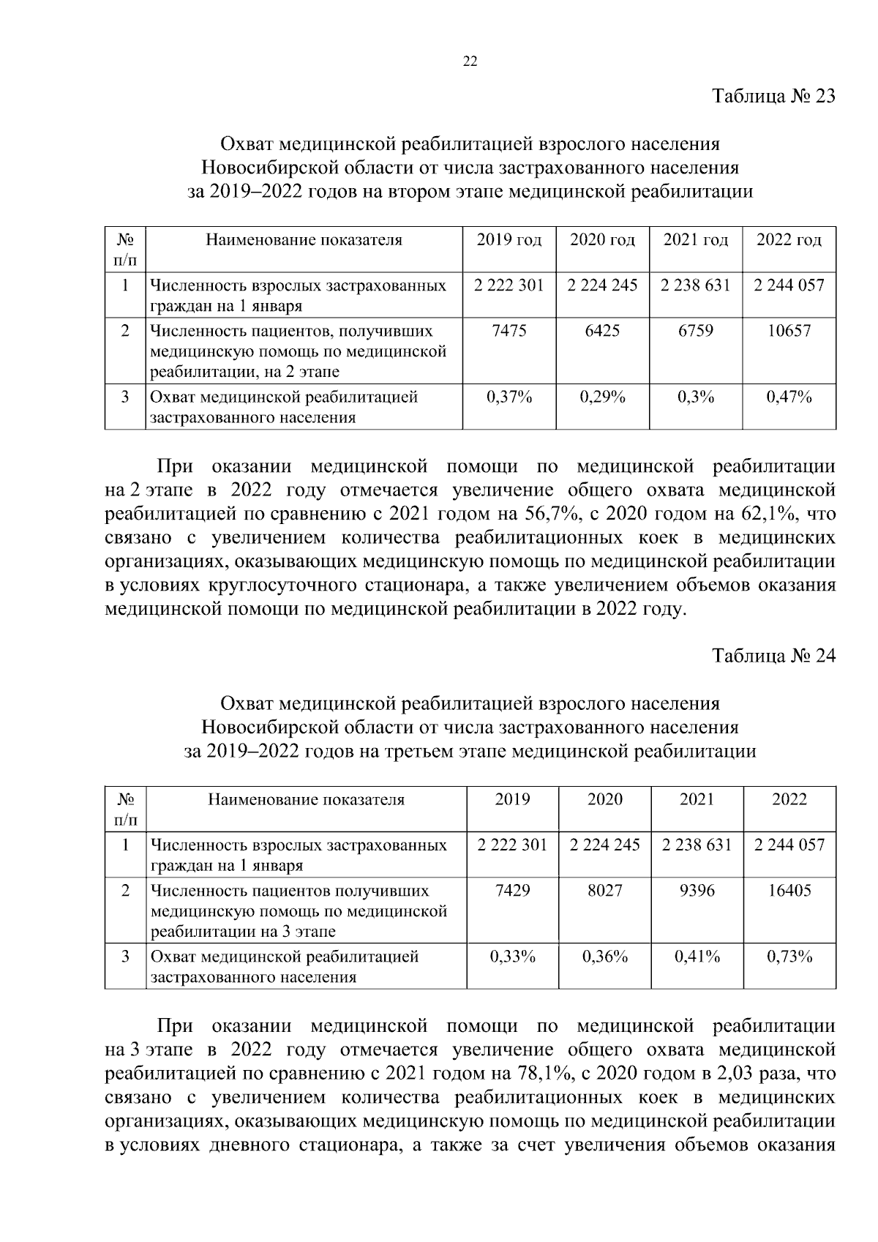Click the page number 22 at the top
point(470,62)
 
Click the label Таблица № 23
point(773,97)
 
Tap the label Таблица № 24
point(773,655)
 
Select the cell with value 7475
point(509,331)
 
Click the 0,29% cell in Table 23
point(602,397)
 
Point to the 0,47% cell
point(789,397)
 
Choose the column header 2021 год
point(695,240)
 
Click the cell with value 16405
point(789,891)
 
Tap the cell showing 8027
point(604,891)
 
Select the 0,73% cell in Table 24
point(789,957)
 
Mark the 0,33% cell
point(512,957)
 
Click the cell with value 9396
point(697,891)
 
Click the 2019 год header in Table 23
point(509,240)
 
